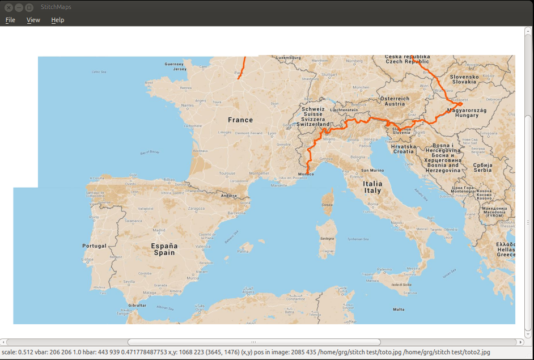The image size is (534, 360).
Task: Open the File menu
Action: pyautogui.click(x=10, y=20)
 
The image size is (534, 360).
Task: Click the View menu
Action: pyautogui.click(x=33, y=20)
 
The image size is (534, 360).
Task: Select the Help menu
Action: pyautogui.click(x=57, y=20)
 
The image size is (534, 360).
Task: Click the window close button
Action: pyautogui.click(x=9, y=7)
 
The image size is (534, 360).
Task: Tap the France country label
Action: pyautogui.click(x=240, y=120)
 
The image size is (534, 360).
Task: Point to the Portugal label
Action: pyautogui.click(x=94, y=246)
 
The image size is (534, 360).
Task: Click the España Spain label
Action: pyautogui.click(x=164, y=249)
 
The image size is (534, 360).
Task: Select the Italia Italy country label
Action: pyautogui.click(x=373, y=187)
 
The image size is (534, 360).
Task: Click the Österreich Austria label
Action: pyautogui.click(x=395, y=101)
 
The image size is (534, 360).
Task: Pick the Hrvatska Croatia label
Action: pyautogui.click(x=403, y=149)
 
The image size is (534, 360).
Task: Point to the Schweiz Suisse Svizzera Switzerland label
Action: pyautogui.click(x=313, y=117)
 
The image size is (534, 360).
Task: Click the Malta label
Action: pyautogui.click(x=399, y=309)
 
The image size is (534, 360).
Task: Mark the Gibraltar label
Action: pyautogui.click(x=137, y=306)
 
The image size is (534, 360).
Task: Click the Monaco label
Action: pyautogui.click(x=306, y=173)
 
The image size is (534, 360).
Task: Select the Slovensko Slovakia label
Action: pyautogui.click(x=464, y=79)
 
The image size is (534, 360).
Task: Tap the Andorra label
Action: pyautogui.click(x=228, y=196)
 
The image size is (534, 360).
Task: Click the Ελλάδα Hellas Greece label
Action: pyautogui.click(x=505, y=249)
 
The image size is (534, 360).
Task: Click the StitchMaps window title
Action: pyautogui.click(x=56, y=7)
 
